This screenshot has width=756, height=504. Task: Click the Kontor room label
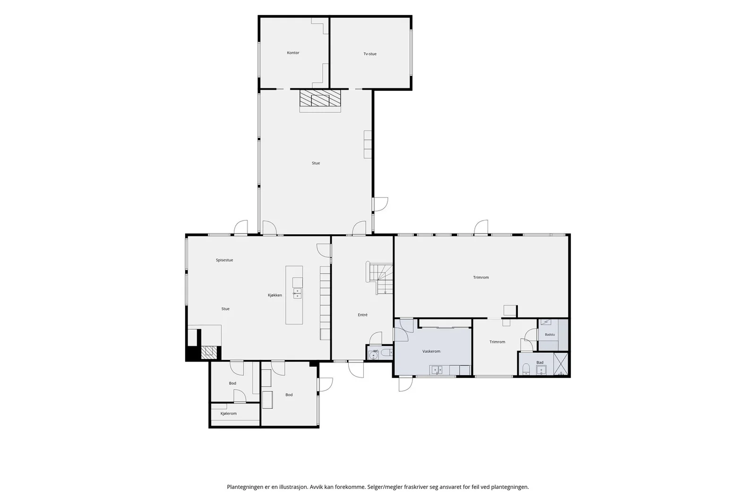pyautogui.click(x=293, y=52)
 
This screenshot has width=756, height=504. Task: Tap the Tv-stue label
pyautogui.click(x=370, y=54)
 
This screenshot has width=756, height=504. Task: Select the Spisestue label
pyautogui.click(x=224, y=260)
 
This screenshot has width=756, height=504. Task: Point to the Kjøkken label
pyautogui.click(x=275, y=295)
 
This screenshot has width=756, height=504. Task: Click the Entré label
pyautogui.click(x=362, y=315)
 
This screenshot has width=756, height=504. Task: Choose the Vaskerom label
pyautogui.click(x=431, y=351)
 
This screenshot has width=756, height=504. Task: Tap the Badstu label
pyautogui.click(x=550, y=334)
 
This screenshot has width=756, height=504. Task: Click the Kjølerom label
pyautogui.click(x=229, y=414)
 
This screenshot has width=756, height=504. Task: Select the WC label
pyautogui.click(x=375, y=351)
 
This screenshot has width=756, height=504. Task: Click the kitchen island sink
pyautogui.click(x=297, y=293)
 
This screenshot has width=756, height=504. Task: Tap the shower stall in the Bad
pyautogui.click(x=561, y=364)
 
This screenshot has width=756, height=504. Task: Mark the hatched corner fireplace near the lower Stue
pyautogui.click(x=209, y=352)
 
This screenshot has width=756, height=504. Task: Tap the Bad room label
pyautogui.click(x=540, y=363)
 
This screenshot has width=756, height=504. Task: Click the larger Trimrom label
pyautogui.click(x=481, y=278)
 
